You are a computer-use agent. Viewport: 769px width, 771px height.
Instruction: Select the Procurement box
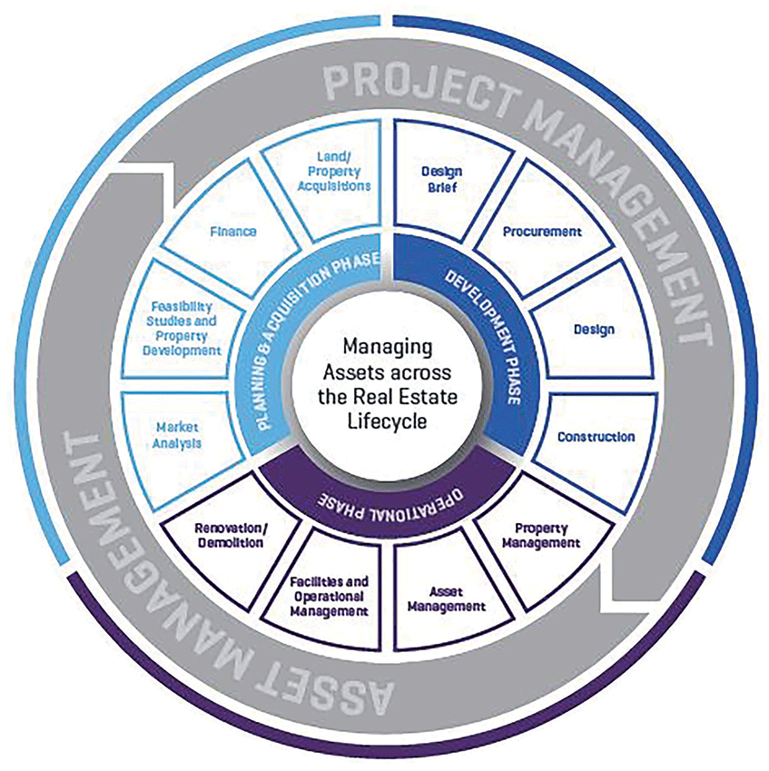tap(541, 232)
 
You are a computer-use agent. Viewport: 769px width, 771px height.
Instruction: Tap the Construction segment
tap(595, 437)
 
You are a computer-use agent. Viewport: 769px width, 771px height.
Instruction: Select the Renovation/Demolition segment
tap(230, 535)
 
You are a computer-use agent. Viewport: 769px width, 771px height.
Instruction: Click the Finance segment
tap(232, 232)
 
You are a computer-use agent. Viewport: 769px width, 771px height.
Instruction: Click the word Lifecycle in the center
tap(385, 420)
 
